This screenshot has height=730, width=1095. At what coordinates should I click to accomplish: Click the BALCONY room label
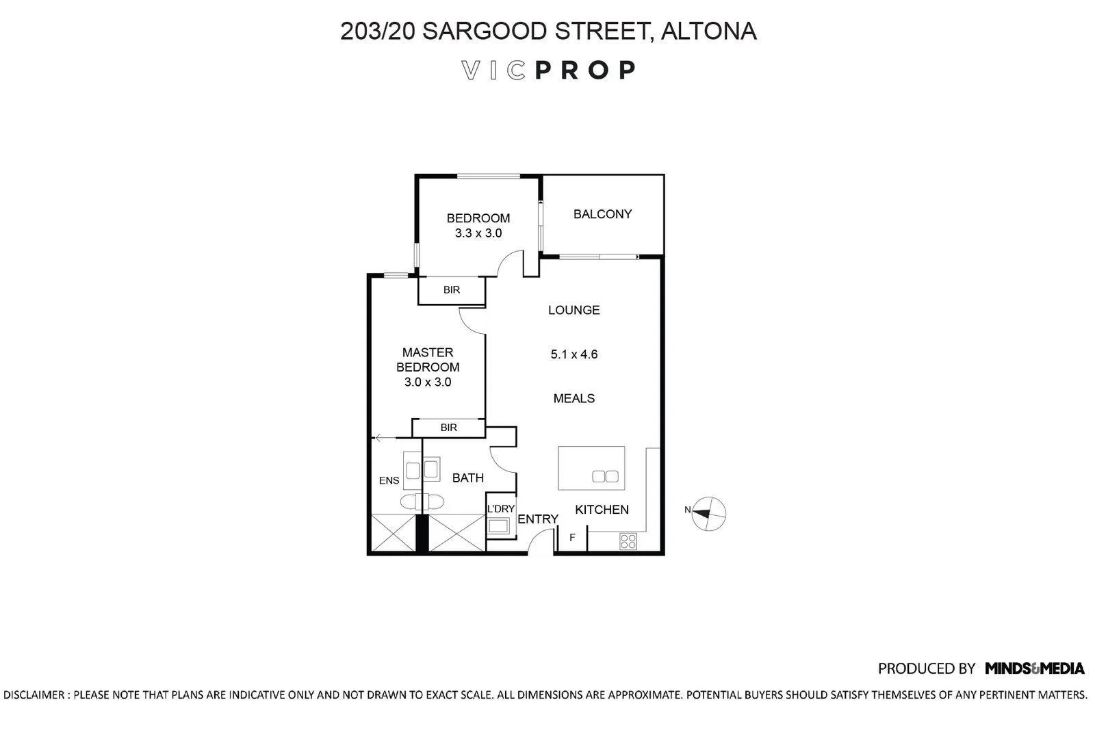602,214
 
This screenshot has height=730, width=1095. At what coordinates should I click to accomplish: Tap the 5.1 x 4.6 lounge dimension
574,354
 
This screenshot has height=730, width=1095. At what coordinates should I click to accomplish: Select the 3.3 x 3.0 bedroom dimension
478,233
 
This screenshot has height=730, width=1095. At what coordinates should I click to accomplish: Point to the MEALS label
574,398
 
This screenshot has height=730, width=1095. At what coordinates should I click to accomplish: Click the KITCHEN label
602,510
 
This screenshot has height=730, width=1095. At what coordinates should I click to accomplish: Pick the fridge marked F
572,538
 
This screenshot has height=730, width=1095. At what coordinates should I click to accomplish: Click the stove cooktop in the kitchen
628,541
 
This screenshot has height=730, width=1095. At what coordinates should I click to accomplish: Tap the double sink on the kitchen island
605,476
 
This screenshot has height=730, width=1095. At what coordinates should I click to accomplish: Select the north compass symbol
708,514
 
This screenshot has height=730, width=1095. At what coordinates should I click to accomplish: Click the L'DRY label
500,508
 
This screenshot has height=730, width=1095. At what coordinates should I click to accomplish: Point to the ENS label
389,481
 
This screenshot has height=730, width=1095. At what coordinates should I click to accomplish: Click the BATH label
468,478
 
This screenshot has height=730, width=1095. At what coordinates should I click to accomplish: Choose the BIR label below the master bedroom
449,428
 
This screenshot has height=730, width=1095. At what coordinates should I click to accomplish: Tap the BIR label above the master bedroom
452,290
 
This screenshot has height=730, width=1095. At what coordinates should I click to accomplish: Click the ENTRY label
538,519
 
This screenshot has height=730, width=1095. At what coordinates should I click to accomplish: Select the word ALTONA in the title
708,31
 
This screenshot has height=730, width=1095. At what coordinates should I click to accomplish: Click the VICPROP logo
548,70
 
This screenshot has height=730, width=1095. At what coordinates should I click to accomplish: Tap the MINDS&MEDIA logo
1034,668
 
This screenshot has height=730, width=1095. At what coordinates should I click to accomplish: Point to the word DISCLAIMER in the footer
34,695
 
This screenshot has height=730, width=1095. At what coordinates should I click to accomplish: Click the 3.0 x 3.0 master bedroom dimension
428,382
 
